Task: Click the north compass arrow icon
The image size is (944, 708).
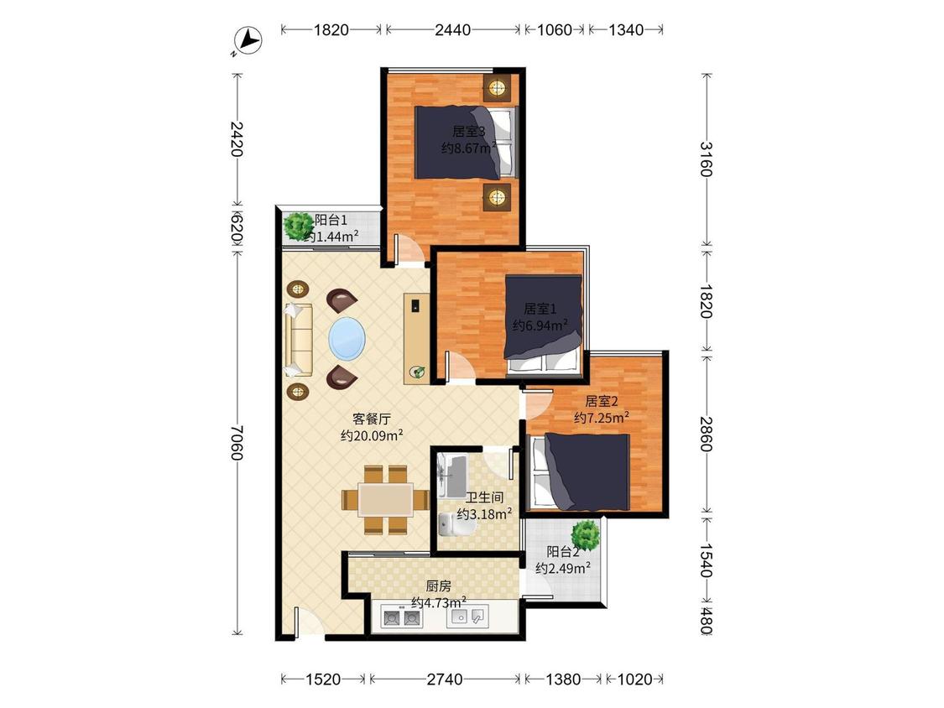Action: (x=248, y=41)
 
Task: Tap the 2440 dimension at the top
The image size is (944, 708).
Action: (x=453, y=29)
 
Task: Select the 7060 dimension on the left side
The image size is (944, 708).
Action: (x=237, y=443)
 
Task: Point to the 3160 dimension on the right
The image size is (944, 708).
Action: (x=707, y=159)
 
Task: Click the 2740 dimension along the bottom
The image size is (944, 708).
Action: (x=445, y=679)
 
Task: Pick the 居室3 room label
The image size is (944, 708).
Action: (x=469, y=131)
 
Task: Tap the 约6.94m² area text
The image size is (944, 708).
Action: (x=540, y=325)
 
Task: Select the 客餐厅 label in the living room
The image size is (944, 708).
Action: (x=372, y=419)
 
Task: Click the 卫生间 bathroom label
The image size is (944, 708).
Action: (x=485, y=498)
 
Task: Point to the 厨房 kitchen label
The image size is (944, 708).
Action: (x=438, y=586)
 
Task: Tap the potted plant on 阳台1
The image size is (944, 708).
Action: (x=298, y=226)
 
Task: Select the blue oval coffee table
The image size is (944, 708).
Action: (x=347, y=339)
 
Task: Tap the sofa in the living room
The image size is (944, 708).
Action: (x=300, y=340)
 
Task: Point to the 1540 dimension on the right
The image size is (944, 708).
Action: (x=707, y=560)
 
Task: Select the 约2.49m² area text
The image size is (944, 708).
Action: (x=563, y=568)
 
